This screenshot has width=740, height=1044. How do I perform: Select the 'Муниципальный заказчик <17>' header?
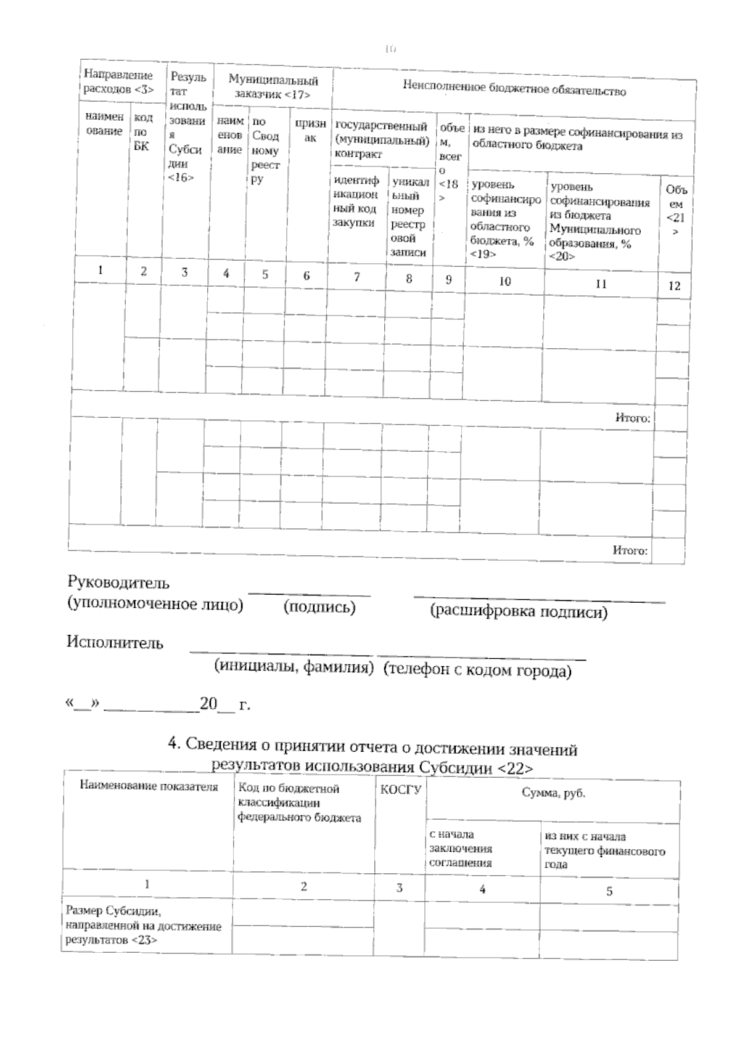pos(273,87)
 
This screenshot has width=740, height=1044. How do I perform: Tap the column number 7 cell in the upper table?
pos(356,277)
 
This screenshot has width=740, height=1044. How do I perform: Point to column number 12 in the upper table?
pos(674,285)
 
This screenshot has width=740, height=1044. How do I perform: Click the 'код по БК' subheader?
pos(142,131)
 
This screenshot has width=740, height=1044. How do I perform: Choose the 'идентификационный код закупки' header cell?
pos(356,202)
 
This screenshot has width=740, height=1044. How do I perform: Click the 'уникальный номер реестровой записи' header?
pos(408,216)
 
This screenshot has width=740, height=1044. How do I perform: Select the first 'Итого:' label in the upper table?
pos(632,418)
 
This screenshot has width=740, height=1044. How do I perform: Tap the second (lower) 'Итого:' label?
pos(630,550)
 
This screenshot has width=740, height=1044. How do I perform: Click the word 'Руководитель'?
pos(118,582)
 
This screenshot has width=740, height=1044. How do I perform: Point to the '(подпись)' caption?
pos(319,607)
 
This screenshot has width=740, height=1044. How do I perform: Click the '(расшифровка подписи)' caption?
pos(518,611)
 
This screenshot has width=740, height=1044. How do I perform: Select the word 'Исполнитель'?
pos(115,642)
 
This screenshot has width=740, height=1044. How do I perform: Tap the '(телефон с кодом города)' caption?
pos(477,670)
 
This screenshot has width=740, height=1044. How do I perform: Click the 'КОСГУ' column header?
pos(400,789)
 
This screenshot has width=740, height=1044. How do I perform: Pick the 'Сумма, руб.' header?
pos(553,793)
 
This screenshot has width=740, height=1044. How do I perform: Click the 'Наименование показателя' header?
pos(148,786)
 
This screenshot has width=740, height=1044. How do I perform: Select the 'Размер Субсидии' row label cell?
pos(143,925)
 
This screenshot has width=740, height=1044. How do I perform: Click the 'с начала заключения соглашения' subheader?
pos(461,848)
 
